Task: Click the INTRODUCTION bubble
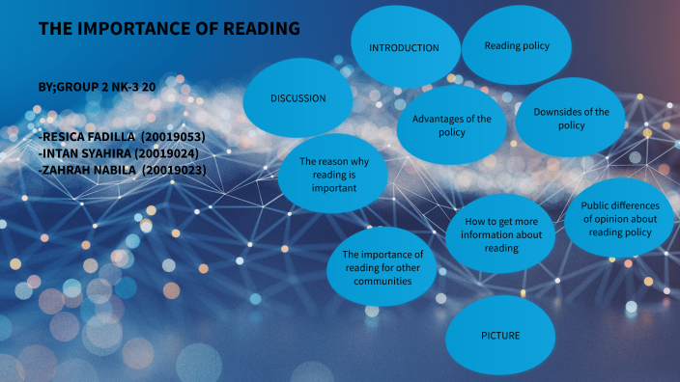pyautogui.click(x=404, y=47)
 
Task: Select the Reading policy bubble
pyautogui.click(x=516, y=45)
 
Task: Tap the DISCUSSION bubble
pyautogui.click(x=297, y=97)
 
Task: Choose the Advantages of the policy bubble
pyautogui.click(x=451, y=125)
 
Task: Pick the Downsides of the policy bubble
pyautogui.click(x=571, y=118)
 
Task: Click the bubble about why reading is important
pyautogui.click(x=333, y=176)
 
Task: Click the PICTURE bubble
pyautogui.click(x=500, y=335)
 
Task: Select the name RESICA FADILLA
pyautogui.click(x=88, y=138)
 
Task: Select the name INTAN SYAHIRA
pyautogui.click(x=86, y=153)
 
